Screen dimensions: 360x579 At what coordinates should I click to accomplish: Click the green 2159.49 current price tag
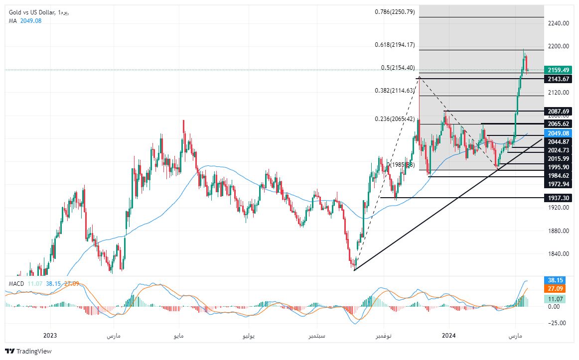[558, 70]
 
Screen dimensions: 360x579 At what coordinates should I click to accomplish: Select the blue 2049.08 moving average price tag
[558, 133]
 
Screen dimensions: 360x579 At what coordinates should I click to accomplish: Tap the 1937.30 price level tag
[558, 198]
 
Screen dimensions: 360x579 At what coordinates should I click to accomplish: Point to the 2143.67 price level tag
[558, 79]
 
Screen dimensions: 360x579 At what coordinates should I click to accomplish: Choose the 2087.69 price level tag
[558, 111]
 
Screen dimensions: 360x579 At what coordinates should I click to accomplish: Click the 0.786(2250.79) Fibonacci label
[395, 12]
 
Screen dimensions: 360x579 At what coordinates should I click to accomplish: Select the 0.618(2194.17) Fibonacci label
[395, 45]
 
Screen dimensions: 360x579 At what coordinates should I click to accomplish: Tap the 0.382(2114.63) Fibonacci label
[395, 91]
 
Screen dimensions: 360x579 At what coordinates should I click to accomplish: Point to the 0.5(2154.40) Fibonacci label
[398, 68]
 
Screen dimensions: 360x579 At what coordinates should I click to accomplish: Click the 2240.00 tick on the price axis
[558, 23]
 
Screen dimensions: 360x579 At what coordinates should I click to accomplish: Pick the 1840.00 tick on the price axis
[558, 254]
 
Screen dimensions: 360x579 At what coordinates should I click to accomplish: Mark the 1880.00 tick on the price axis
[558, 231]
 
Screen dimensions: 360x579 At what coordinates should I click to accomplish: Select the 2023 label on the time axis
[51, 336]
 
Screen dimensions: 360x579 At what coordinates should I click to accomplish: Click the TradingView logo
[28, 351]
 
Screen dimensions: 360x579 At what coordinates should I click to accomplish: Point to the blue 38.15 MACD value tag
[555, 280]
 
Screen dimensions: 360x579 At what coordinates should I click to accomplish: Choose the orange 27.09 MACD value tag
[555, 288]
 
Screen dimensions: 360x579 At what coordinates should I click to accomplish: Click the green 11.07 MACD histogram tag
[555, 299]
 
